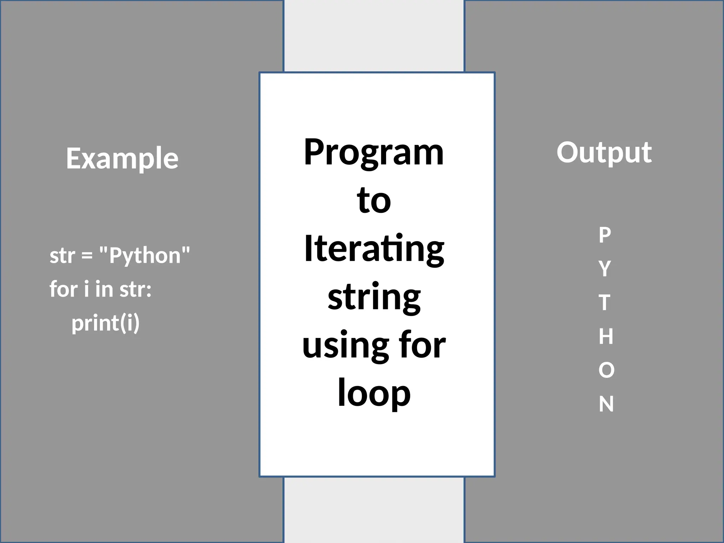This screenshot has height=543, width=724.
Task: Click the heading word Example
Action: tap(122, 159)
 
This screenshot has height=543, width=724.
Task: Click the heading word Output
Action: tap(604, 152)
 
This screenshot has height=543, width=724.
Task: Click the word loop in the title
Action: tap(374, 393)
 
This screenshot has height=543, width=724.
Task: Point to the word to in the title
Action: tap(374, 200)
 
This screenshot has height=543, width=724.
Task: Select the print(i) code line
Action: tap(105, 323)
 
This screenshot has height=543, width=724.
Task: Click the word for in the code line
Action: tap(63, 289)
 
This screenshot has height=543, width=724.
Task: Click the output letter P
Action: tap(605, 235)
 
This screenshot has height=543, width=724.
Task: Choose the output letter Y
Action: tap(605, 269)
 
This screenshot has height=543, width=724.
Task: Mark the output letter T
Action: tap(605, 303)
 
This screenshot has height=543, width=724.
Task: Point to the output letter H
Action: tap(606, 336)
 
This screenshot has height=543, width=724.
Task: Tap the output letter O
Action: tap(606, 370)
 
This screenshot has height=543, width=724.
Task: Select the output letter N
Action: tap(606, 404)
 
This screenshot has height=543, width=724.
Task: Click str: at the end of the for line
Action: tap(135, 289)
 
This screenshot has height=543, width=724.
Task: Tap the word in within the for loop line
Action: tap(104, 289)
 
